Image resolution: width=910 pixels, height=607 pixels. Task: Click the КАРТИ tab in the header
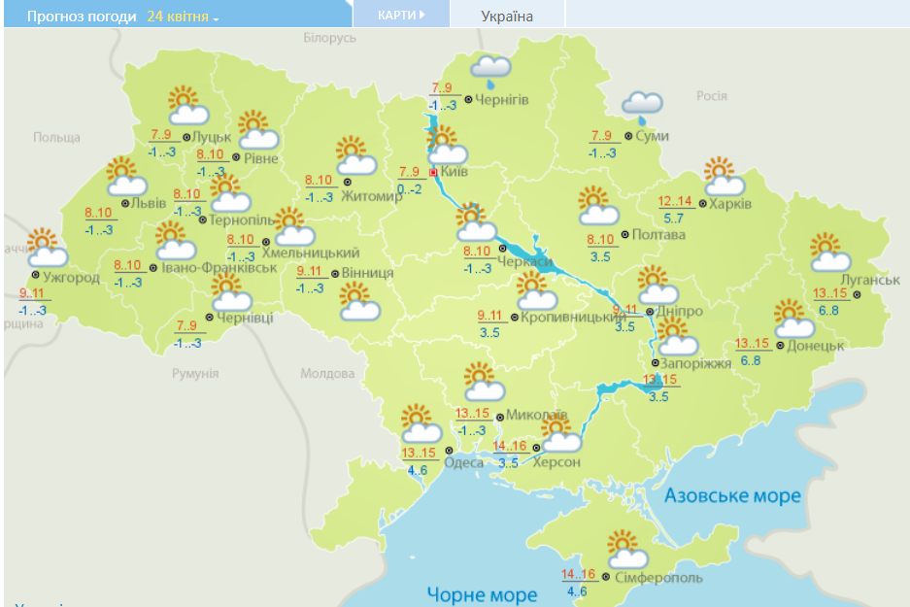401,15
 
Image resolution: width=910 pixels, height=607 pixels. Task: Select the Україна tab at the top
507,16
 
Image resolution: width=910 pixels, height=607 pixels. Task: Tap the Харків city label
730,204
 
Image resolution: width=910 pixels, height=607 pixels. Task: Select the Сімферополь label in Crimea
657,578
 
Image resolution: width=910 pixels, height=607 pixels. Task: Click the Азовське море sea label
732,496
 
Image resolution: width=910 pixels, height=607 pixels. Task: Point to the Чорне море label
483,593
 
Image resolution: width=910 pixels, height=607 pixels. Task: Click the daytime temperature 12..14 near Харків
675,202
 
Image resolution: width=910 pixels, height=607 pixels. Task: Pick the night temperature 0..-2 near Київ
409,188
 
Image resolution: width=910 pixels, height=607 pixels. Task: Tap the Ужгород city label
72,278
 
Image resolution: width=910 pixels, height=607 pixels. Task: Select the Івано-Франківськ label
219,267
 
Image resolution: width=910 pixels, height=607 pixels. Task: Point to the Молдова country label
327,373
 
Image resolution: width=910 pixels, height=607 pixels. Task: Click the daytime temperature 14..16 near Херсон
510,447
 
